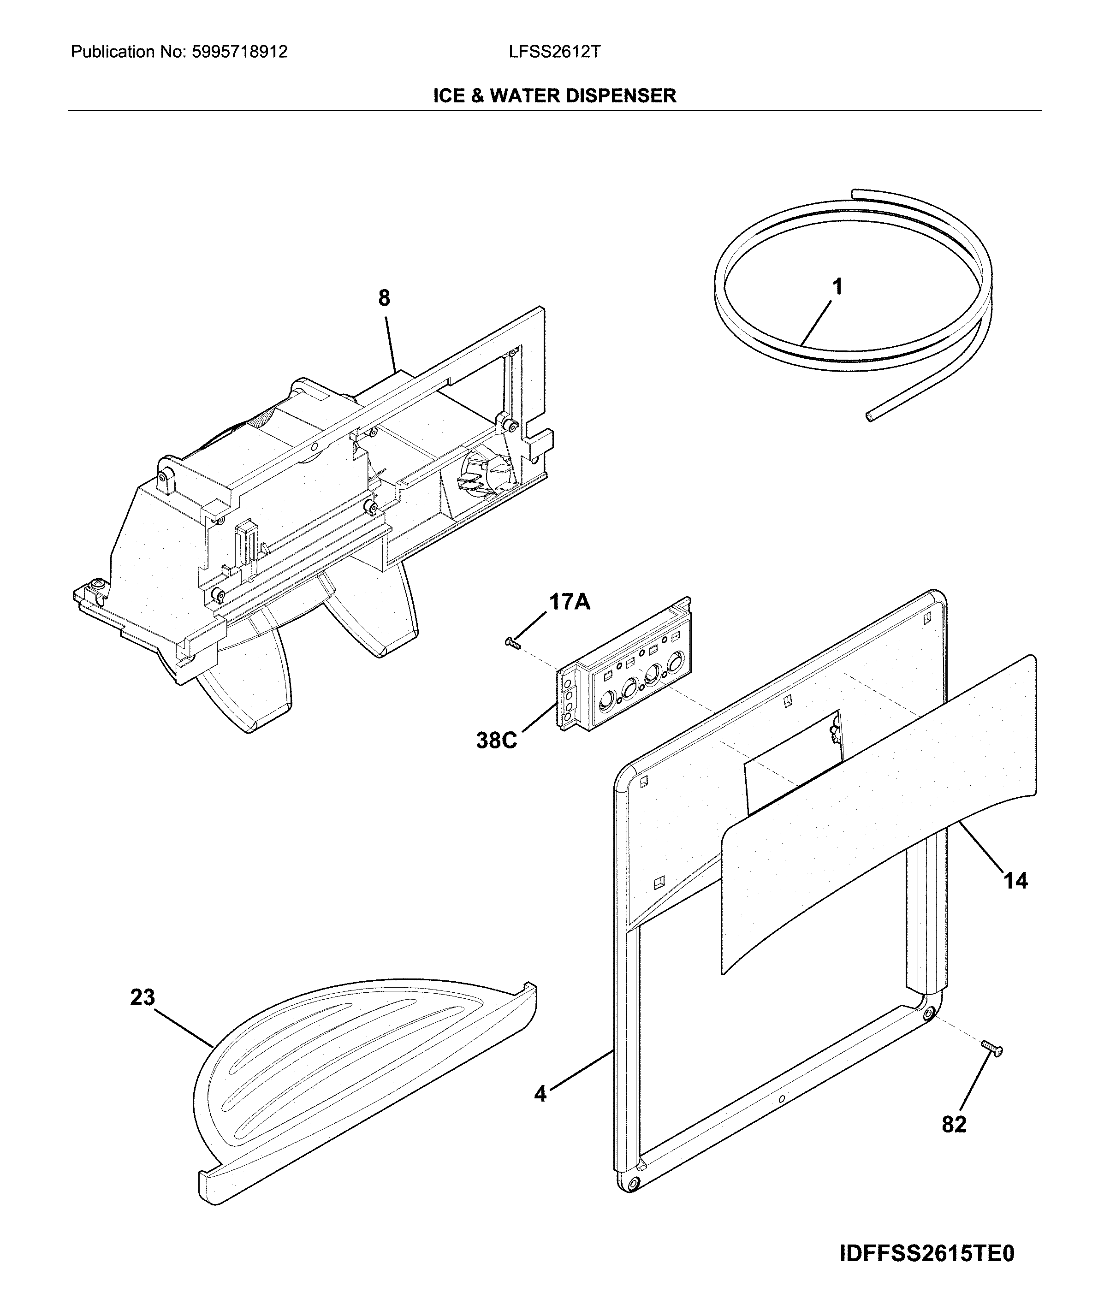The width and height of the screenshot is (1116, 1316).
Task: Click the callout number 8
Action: pos(384,298)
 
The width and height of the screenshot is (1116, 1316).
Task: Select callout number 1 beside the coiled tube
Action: pos(837,287)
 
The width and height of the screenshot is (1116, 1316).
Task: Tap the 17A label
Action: pos(570,602)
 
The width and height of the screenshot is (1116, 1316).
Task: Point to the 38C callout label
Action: pos(497,740)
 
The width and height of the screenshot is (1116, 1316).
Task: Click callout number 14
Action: pos(1016,880)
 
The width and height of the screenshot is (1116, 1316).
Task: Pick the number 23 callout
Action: pos(142,998)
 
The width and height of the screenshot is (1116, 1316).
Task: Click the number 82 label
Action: pos(955,1124)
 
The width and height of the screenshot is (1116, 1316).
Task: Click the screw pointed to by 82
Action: pos(991,1049)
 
